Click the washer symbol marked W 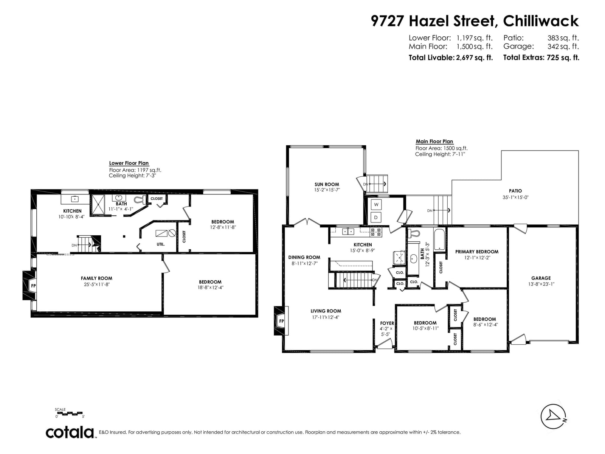pos(376,205)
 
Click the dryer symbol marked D pos(376,217)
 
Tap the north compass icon pos(553,417)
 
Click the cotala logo pos(70,432)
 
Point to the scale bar pos(69,413)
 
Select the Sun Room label pos(327,184)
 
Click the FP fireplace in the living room pos(281,321)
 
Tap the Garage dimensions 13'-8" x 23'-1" pos(541,284)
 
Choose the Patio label pos(515,191)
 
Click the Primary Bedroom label pos(477,252)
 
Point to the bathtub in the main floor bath pos(439,239)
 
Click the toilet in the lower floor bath pos(140,200)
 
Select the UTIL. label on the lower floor pos(161,244)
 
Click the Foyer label pos(387,323)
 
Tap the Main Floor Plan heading pos(434,141)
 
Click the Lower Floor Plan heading pos(129,163)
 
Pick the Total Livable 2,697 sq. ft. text pos(451,58)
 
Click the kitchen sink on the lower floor pos(75,199)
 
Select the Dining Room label pos(304,257)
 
